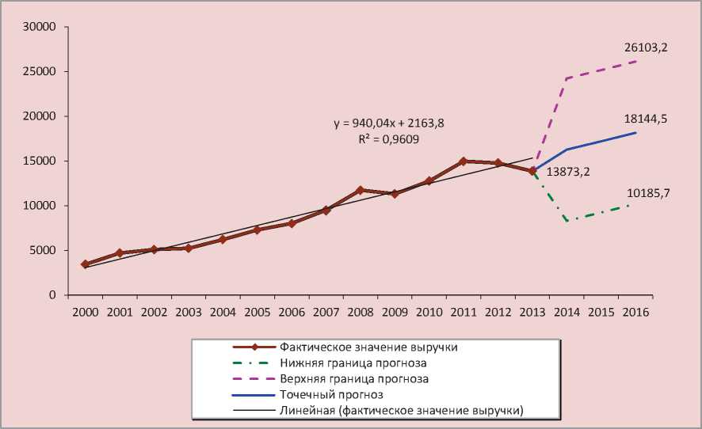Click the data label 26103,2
point(646,47)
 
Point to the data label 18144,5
point(646,119)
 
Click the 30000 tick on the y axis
point(40,27)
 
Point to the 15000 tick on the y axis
point(40,161)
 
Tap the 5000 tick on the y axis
point(43,250)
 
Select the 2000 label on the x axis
point(86,312)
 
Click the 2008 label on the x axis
point(361,312)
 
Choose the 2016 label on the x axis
point(635,312)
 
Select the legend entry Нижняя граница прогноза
point(353,363)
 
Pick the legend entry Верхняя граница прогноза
point(354,379)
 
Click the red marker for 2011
point(464,161)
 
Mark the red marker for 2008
point(361,190)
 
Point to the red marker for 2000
point(86,264)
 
